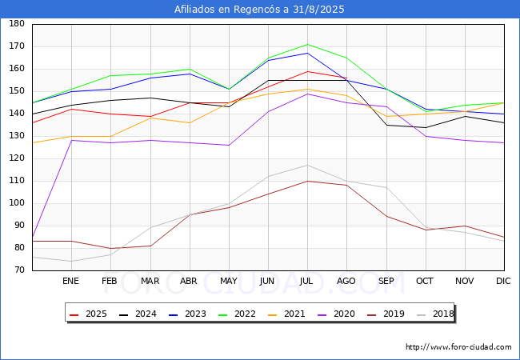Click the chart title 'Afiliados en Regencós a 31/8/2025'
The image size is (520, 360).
click(x=260, y=10)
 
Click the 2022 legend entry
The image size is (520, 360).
click(x=238, y=314)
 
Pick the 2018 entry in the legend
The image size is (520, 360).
click(x=435, y=314)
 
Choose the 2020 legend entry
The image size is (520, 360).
click(x=337, y=314)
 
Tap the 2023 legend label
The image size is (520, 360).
click(x=187, y=314)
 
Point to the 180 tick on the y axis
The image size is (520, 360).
click(x=17, y=24)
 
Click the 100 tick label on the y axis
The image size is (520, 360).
click(x=17, y=203)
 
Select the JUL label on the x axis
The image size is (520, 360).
click(x=306, y=282)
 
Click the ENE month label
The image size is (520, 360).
click(x=71, y=282)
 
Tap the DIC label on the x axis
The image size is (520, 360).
click(x=503, y=282)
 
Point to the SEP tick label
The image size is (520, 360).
click(x=385, y=282)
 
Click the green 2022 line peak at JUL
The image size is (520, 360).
click(x=306, y=45)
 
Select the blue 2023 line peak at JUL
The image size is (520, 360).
click(x=306, y=53)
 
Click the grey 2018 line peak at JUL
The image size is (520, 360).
click(x=306, y=166)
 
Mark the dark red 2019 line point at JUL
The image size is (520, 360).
click(x=306, y=181)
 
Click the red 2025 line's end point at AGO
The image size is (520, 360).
click(x=346, y=78)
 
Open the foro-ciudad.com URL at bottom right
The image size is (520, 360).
click(x=458, y=347)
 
